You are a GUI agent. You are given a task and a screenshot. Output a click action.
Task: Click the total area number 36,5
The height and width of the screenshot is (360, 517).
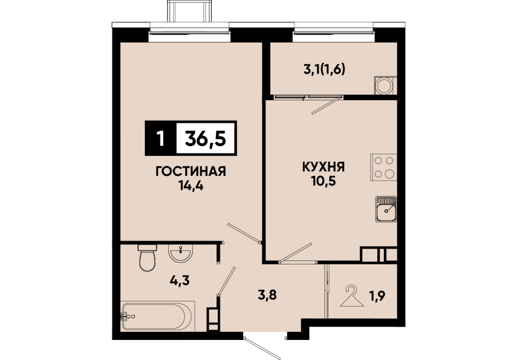click(206, 138)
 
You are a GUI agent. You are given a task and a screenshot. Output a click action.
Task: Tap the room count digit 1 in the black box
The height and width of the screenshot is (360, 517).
click(160, 138)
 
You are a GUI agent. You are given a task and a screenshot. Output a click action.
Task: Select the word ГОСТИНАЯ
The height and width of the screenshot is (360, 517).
click(191, 172)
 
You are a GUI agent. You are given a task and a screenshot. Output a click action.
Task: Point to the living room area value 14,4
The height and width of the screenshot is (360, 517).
click(191, 186)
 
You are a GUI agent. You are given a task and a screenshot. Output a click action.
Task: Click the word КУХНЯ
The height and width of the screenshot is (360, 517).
click(323, 167)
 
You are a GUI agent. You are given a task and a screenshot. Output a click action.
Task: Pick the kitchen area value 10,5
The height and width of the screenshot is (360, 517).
click(323, 181)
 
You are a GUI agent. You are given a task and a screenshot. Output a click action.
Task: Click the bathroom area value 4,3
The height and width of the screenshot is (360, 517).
click(180, 281)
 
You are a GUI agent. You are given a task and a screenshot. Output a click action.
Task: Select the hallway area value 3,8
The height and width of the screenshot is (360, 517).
click(267, 295)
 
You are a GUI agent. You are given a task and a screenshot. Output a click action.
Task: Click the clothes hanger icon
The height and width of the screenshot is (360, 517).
click(352, 296)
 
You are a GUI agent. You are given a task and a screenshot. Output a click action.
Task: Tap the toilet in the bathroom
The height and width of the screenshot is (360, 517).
click(147, 258)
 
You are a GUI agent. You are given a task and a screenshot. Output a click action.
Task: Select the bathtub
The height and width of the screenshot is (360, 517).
click(158, 316)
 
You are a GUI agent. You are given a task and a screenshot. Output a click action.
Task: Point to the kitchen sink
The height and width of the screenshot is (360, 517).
click(386, 209)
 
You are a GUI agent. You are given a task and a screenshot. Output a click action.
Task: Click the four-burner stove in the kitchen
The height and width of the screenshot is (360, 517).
click(383, 167)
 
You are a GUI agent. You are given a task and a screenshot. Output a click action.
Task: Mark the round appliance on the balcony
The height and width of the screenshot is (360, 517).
click(385, 85)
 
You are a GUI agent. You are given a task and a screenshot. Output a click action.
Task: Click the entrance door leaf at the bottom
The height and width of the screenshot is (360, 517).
click(262, 348)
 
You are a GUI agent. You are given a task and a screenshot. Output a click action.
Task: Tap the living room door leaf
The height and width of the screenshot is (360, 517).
click(244, 233)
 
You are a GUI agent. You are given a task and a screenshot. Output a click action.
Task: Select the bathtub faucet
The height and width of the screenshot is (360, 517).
click(127, 316)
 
